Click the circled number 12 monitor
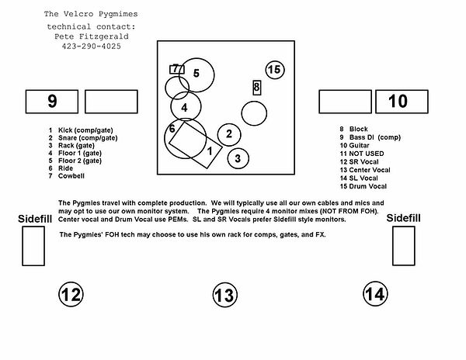(x=71, y=293)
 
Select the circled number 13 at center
(x=224, y=294)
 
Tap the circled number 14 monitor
(x=374, y=293)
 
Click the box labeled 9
(x=52, y=101)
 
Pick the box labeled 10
(x=398, y=101)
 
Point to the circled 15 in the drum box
(x=274, y=70)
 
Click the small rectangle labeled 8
(x=256, y=88)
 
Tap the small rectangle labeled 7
(x=177, y=68)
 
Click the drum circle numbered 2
(x=228, y=135)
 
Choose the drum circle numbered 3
(x=238, y=158)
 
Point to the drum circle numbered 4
(x=186, y=107)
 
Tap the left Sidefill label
(x=35, y=220)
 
